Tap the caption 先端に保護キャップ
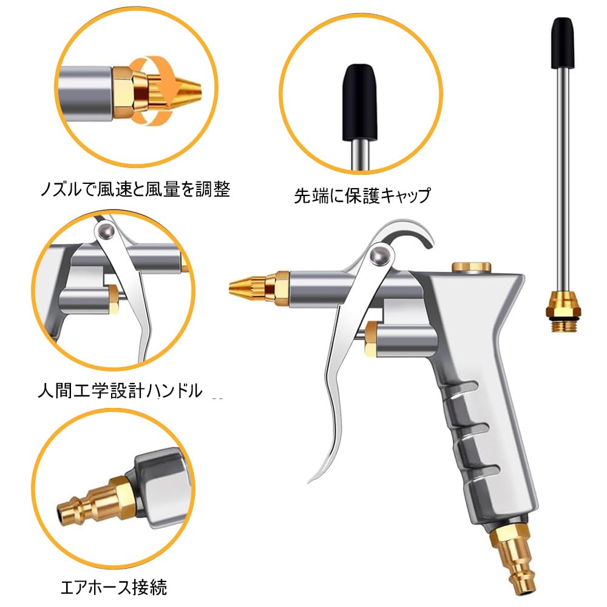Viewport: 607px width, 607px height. pyautogui.click(x=362, y=195)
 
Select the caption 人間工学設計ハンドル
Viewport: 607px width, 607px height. pyautogui.click(x=120, y=391)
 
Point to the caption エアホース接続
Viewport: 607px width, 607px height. pyautogui.click(x=114, y=587)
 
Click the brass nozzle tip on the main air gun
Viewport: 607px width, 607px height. pyautogui.click(x=251, y=283)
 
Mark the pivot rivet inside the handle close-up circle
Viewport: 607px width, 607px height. pyautogui.click(x=106, y=231)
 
